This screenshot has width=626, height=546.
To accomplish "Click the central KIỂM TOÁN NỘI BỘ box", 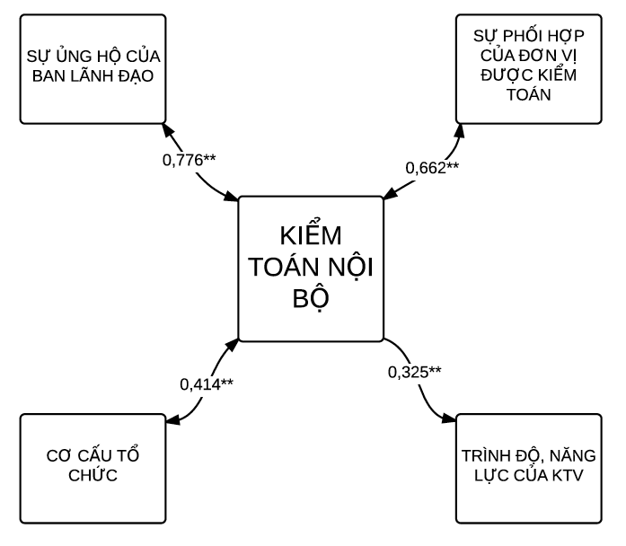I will click(311, 270).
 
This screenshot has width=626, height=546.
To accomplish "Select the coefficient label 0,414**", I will click(207, 383).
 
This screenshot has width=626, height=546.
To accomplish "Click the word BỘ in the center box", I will click(311, 299).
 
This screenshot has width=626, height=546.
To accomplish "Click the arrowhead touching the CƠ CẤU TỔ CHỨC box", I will click(171, 418).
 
